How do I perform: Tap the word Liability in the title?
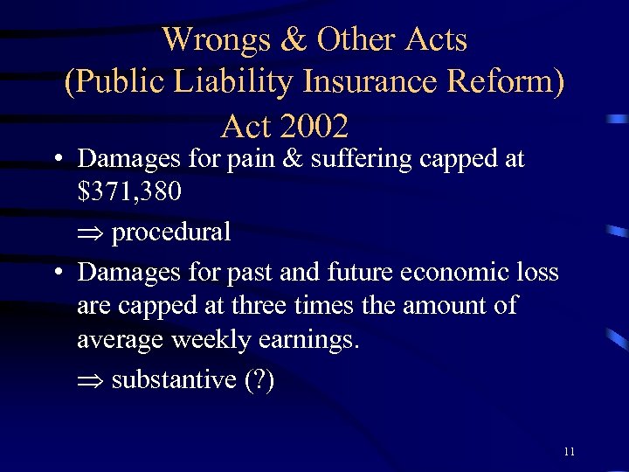(237, 82)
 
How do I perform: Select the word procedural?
(171, 233)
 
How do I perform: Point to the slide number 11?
(569, 452)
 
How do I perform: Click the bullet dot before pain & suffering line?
(55, 160)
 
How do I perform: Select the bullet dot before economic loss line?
(55, 273)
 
